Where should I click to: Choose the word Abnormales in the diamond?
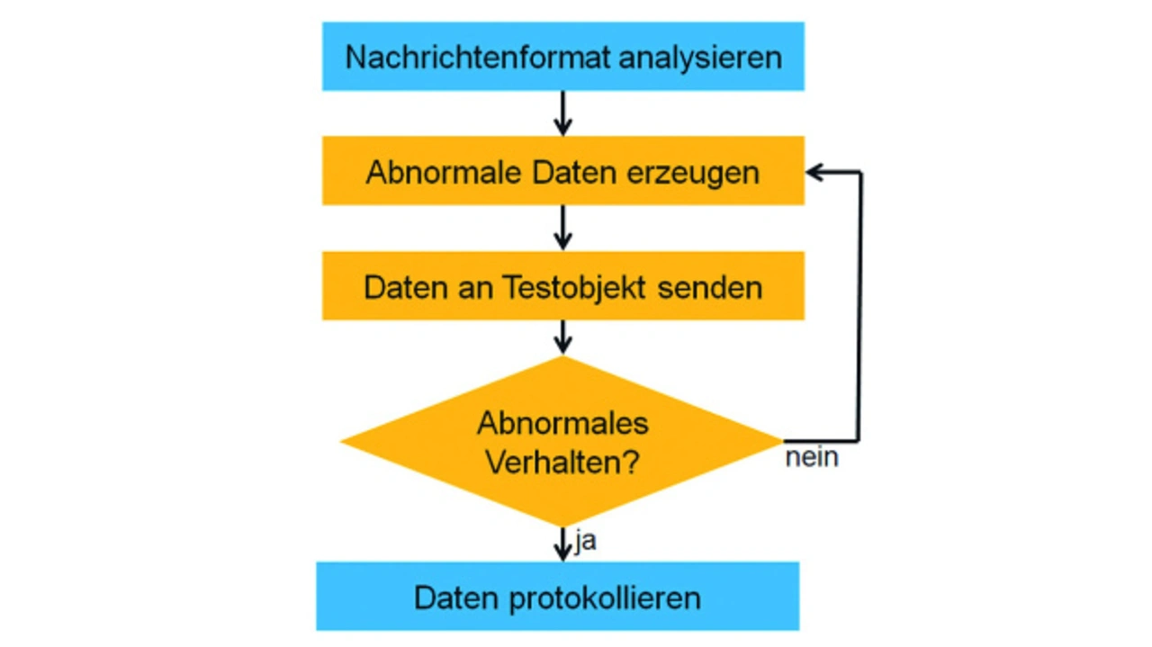coord(562,423)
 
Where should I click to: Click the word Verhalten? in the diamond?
coord(562,463)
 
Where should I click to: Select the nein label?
coord(811,457)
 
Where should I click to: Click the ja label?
coord(584,542)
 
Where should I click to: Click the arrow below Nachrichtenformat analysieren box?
coord(562,113)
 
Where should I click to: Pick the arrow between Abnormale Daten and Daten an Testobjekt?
coord(562,228)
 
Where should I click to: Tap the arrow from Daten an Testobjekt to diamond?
coord(562,337)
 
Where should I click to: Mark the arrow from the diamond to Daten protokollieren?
coord(562,544)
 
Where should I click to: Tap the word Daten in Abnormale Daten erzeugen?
coord(552,172)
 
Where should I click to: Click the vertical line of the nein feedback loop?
coord(860,306)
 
